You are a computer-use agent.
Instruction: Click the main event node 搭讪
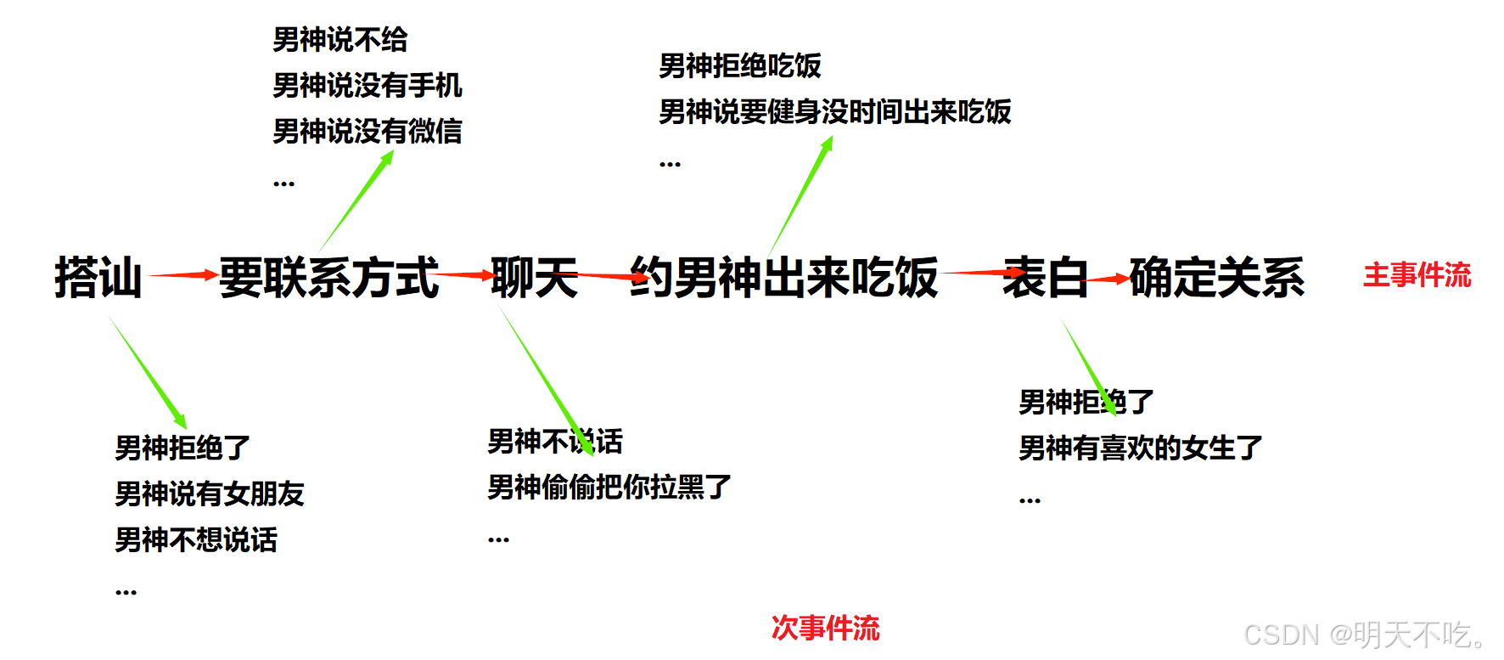coord(98,277)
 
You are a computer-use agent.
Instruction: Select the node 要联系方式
coord(328,277)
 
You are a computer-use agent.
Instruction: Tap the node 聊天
coord(534,277)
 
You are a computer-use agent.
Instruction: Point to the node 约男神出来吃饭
coord(783,277)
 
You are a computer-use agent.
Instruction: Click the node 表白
coord(1045,277)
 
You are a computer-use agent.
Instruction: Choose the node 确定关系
coord(1216,277)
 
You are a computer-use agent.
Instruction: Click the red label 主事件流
coord(1417,275)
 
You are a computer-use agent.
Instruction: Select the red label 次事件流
coord(825,628)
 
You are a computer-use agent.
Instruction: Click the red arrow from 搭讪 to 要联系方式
coord(182,274)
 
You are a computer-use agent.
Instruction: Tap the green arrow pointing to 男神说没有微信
coord(357,200)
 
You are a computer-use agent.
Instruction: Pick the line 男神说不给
coord(340,39)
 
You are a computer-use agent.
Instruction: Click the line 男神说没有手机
coord(367,85)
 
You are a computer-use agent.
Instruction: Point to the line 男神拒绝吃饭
coord(739,65)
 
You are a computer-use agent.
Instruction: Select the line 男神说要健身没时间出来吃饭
coord(834,111)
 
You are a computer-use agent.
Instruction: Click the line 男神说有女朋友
coord(209,494)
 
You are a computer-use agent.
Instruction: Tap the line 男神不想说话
coord(195,539)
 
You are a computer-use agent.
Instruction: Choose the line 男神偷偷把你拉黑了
coord(609,487)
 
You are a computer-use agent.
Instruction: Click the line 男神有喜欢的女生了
coord(1140,448)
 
